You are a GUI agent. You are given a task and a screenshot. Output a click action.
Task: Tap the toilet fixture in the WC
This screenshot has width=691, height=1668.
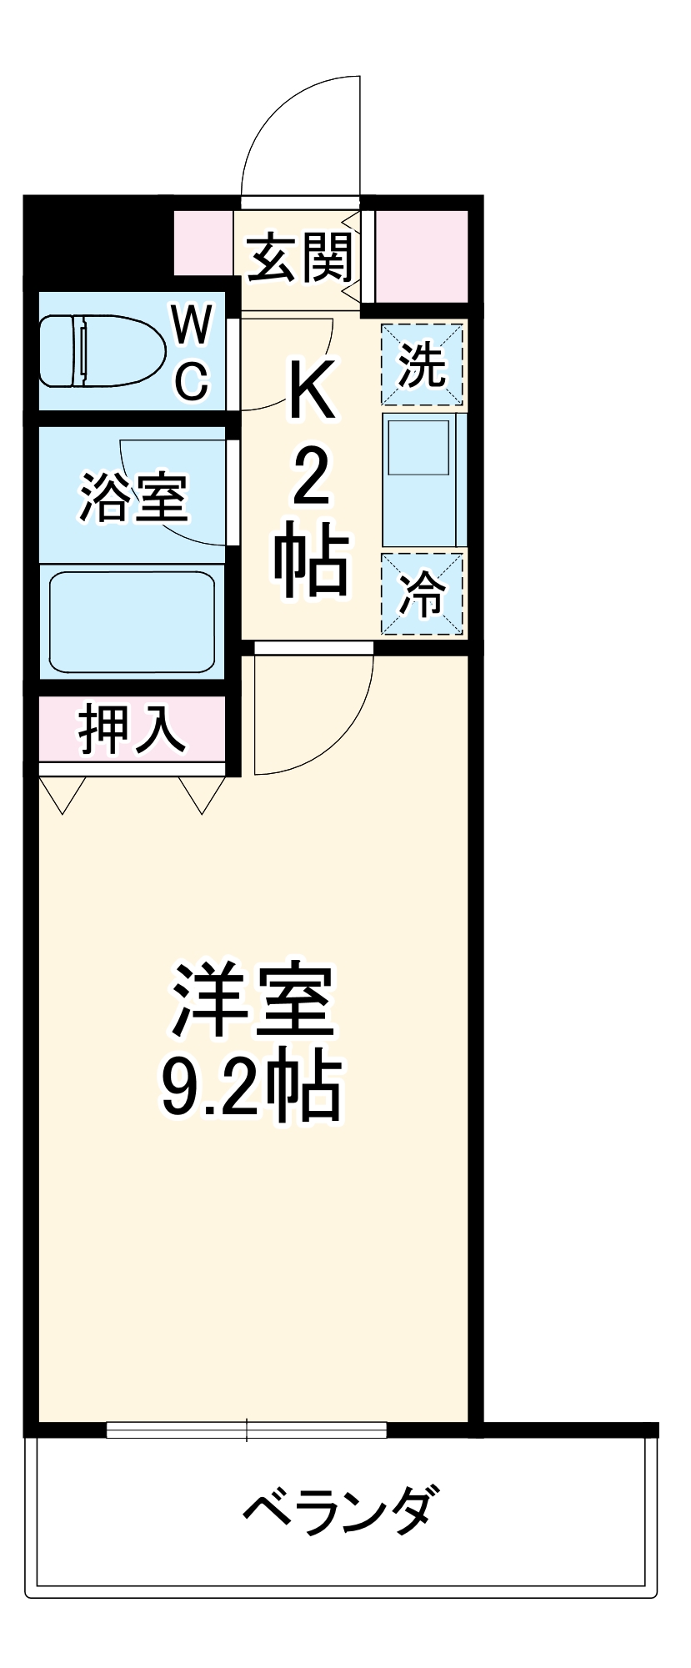click(100, 350)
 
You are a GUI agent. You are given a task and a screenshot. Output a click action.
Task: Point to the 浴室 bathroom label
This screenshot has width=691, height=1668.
click(133, 497)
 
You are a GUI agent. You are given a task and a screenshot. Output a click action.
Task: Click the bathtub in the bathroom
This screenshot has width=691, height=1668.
click(132, 621)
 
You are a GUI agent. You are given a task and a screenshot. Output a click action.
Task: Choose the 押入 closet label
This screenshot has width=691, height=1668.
click(131, 730)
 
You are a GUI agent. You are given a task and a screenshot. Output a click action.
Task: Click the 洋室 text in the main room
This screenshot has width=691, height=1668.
click(252, 1000)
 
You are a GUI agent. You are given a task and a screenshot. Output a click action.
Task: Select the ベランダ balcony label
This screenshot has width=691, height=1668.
click(338, 1507)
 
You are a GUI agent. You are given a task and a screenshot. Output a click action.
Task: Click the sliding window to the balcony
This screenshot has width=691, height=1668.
click(247, 1429)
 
